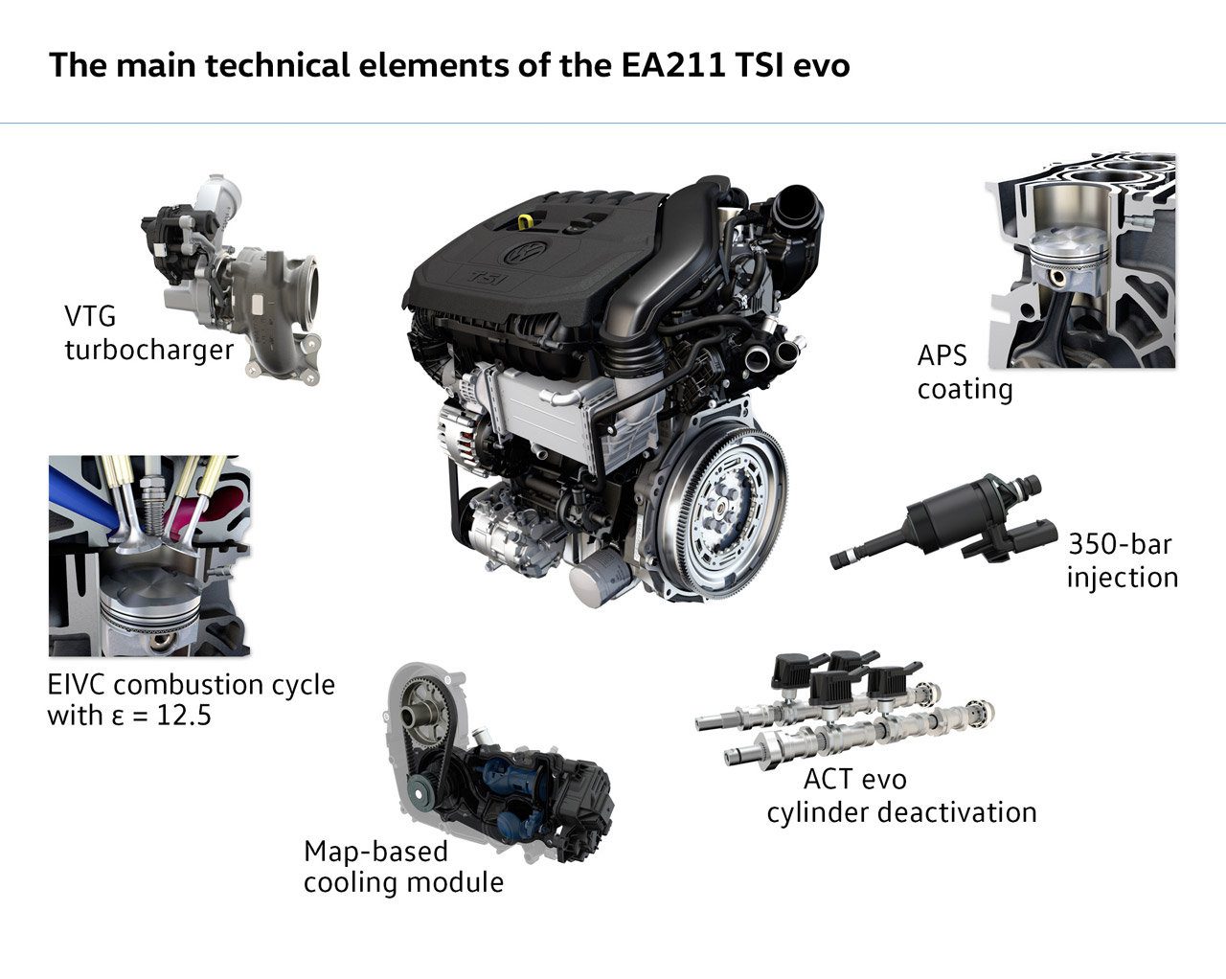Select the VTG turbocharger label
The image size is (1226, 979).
(148, 332)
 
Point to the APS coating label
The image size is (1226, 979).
(964, 373)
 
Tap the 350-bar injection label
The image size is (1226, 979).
(1122, 560)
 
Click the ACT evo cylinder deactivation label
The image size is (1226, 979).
(900, 796)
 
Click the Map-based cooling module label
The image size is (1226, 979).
(402, 866)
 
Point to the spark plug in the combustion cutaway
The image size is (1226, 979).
(148, 498)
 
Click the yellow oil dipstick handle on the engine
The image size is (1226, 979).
(525, 221)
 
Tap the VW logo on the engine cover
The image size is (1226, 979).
(526, 254)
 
